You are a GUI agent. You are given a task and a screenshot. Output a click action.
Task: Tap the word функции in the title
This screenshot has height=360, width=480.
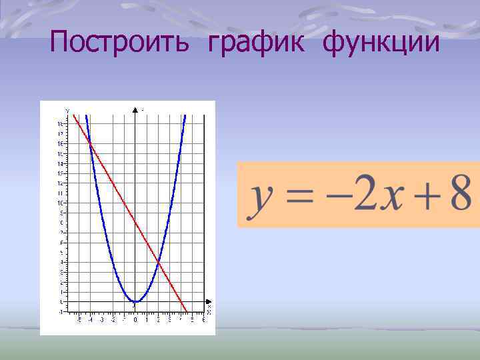(x=381, y=43)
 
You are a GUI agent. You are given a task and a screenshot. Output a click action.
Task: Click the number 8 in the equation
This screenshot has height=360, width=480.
(x=461, y=194)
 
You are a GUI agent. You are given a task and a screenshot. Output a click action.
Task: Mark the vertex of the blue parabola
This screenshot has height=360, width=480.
(x=135, y=302)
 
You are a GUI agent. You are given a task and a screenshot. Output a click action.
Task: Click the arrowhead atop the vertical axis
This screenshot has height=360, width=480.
(x=135, y=108)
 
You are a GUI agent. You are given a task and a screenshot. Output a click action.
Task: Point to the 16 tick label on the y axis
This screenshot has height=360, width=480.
(x=61, y=143)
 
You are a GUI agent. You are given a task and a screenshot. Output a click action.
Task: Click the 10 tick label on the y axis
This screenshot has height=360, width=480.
(x=61, y=203)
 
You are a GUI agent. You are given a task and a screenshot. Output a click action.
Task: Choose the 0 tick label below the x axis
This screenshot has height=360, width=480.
(x=135, y=321)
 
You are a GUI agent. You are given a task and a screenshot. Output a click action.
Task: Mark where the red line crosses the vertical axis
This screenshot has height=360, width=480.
(x=135, y=223)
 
